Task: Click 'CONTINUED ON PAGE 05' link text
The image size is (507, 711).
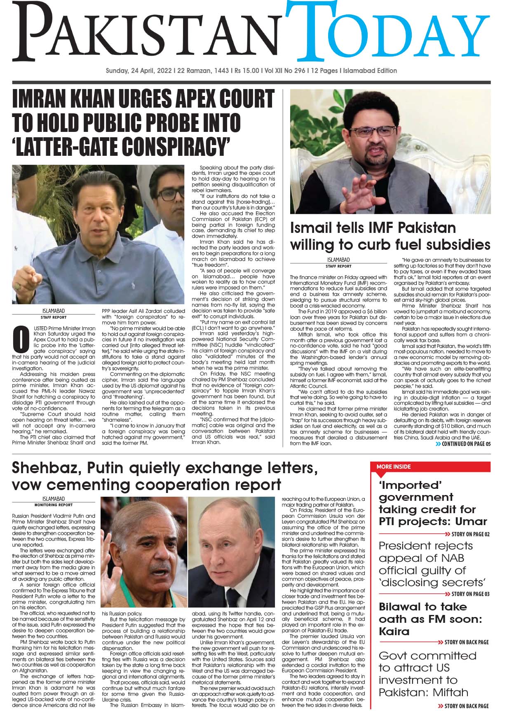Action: [x=466, y=444]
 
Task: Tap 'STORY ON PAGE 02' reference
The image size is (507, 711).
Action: [x=470, y=534]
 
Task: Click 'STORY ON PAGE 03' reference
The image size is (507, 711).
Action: [x=470, y=594]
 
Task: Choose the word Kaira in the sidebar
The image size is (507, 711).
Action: [x=394, y=631]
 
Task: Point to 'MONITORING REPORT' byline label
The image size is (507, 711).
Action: [x=54, y=505]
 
